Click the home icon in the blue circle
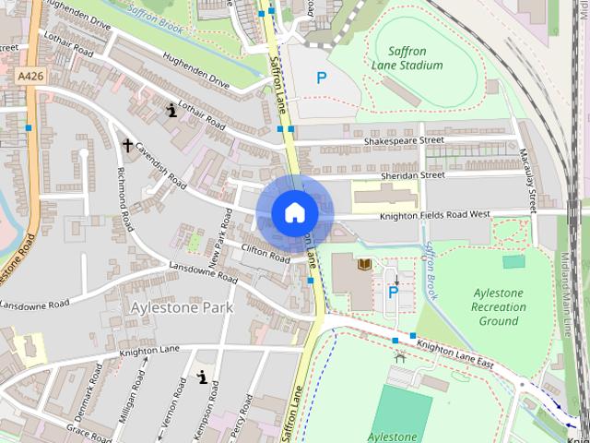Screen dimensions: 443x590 [294, 212]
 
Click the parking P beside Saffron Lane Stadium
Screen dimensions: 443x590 [321, 79]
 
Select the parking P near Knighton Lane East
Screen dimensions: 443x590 [393, 293]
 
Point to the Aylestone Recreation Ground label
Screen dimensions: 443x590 [498, 306]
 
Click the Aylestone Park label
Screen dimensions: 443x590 [182, 306]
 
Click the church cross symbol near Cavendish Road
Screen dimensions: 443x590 [127, 145]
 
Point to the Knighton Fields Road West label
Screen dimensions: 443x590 [435, 215]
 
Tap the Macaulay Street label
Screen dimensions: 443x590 [531, 181]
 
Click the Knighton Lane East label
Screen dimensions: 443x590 [454, 354]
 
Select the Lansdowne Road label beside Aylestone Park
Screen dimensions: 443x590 [34, 304]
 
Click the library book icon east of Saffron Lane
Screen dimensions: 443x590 [363, 265]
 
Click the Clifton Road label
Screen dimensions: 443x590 [265, 253]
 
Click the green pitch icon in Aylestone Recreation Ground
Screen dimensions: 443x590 [513, 261]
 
